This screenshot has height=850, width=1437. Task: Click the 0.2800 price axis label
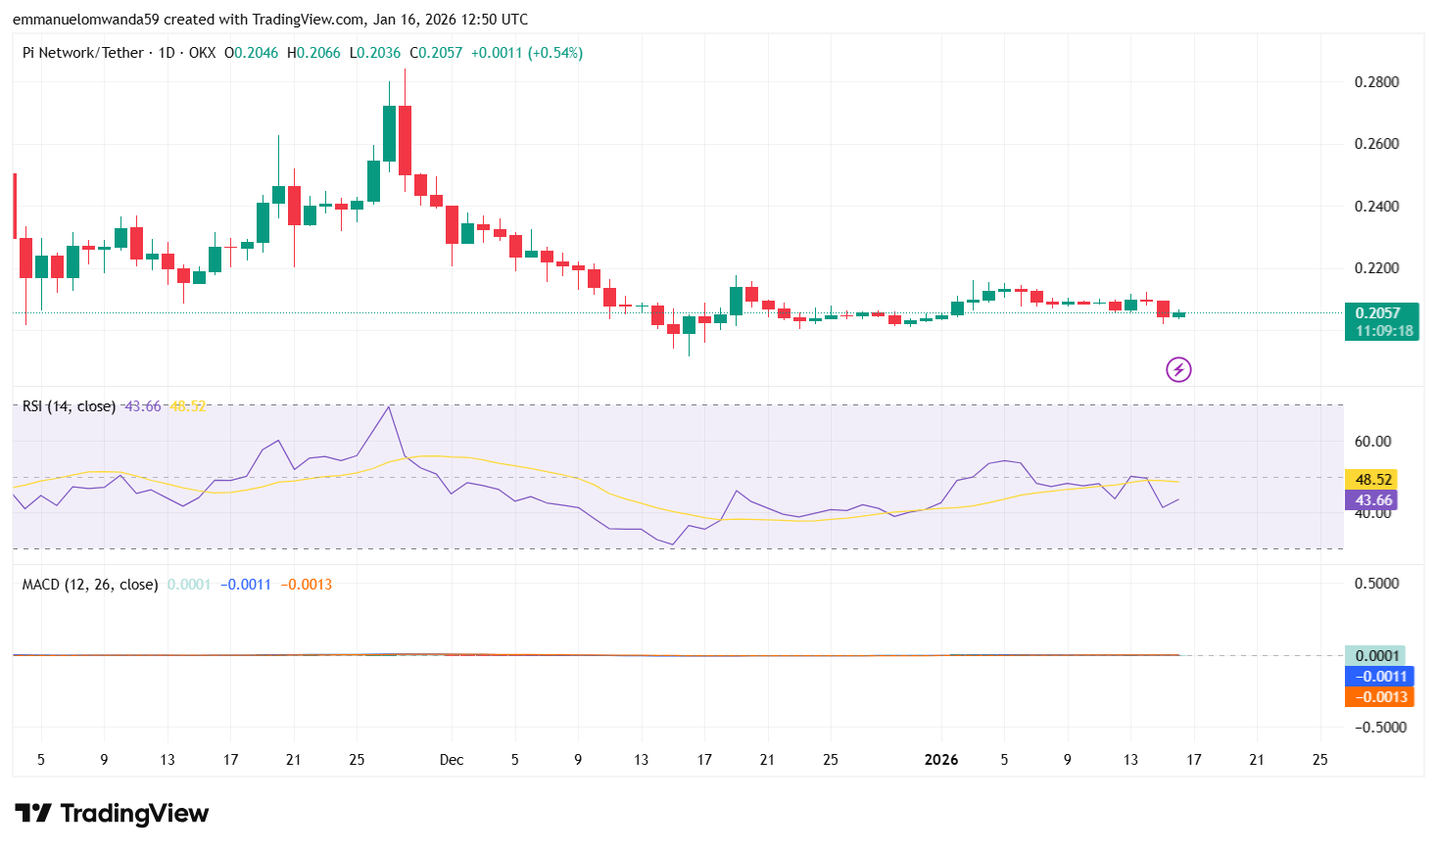[x=1376, y=81]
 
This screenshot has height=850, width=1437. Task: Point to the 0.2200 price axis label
[x=1376, y=267]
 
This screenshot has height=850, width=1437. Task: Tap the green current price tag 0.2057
[x=1381, y=313]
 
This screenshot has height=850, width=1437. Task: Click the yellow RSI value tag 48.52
[x=1373, y=479]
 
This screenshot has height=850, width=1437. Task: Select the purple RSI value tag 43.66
[x=1373, y=500]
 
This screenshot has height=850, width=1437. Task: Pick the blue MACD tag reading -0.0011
[x=1380, y=677]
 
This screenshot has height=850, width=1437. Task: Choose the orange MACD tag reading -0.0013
[x=1380, y=697]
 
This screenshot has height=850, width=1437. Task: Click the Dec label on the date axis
[x=452, y=760]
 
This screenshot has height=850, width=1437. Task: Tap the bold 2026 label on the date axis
[x=941, y=760]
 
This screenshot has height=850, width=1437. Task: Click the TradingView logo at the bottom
[x=112, y=814]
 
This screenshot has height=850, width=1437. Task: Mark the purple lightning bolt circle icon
[x=1178, y=369]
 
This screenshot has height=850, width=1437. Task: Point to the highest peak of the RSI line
[x=389, y=406]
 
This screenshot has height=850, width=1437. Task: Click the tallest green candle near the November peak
[x=389, y=133]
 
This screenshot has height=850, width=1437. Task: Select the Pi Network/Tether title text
[x=83, y=53]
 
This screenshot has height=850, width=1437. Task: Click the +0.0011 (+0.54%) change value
[x=527, y=53]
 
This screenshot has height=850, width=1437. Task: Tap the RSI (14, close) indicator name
[x=69, y=406]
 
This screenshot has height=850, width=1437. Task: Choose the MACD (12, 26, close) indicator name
[x=90, y=585]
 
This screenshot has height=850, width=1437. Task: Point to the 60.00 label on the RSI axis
[x=1372, y=442]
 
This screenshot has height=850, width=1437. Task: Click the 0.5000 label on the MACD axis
[x=1376, y=584]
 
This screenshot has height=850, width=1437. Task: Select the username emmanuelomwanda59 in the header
[x=85, y=20]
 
